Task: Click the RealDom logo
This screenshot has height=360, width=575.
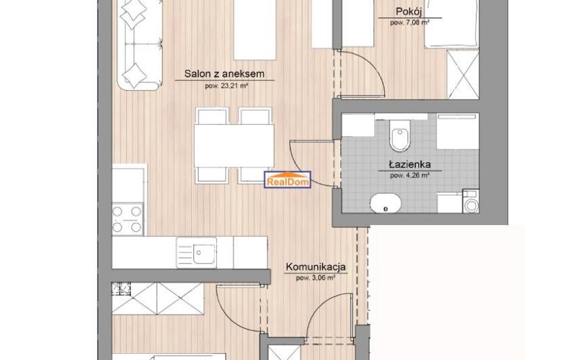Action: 287,179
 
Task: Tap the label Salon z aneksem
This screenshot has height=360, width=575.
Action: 224,73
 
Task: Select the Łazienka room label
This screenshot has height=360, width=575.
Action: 410,165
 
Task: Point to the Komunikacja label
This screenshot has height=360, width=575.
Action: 316,267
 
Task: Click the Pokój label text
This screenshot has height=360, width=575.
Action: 409,12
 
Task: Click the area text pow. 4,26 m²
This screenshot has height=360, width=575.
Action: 409,176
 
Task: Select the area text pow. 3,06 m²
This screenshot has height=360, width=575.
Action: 316,278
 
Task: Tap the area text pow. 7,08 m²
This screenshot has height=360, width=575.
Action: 409,23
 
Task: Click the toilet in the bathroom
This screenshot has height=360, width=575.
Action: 400,136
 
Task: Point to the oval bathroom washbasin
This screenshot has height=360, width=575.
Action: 386,204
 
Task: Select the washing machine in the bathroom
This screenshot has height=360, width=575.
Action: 471,201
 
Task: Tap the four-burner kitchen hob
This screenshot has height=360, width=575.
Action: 127,219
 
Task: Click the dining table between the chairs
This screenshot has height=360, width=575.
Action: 234,145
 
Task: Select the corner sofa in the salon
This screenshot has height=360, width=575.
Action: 140,45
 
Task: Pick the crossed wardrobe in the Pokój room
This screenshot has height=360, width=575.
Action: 463,75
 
